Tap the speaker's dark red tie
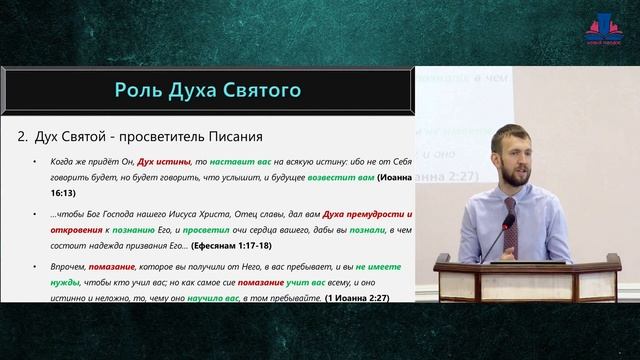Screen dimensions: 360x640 pyautogui.click(x=508, y=226)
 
